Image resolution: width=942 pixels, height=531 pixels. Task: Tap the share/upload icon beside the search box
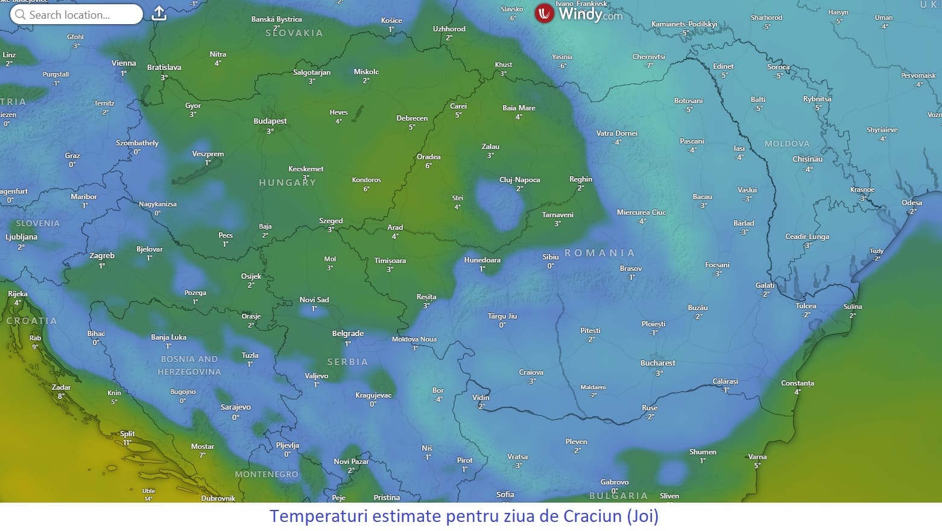click(159, 13)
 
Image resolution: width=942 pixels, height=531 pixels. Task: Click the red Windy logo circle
click(544, 13)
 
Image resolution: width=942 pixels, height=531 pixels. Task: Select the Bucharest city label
click(657, 363)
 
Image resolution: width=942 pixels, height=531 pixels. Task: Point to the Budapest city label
click(270, 121)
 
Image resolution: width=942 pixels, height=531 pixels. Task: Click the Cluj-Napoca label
click(519, 180)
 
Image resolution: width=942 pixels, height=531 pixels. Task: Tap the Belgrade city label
click(348, 334)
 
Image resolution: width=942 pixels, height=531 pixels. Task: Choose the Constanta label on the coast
click(797, 383)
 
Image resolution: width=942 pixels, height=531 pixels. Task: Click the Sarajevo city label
click(235, 407)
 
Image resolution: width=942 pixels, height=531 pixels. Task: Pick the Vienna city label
click(124, 63)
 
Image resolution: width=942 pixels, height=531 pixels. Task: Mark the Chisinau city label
click(808, 159)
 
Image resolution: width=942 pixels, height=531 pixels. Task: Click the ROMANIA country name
click(599, 253)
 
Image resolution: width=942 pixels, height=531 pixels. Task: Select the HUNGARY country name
click(287, 182)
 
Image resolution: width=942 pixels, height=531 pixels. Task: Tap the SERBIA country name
click(347, 362)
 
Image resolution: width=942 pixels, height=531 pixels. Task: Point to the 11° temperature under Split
click(127, 443)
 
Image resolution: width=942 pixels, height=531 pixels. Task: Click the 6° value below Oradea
click(428, 166)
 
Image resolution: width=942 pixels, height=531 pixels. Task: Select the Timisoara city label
click(390, 261)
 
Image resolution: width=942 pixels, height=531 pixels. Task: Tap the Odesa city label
click(911, 203)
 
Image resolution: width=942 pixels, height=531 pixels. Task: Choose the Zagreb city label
click(102, 256)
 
